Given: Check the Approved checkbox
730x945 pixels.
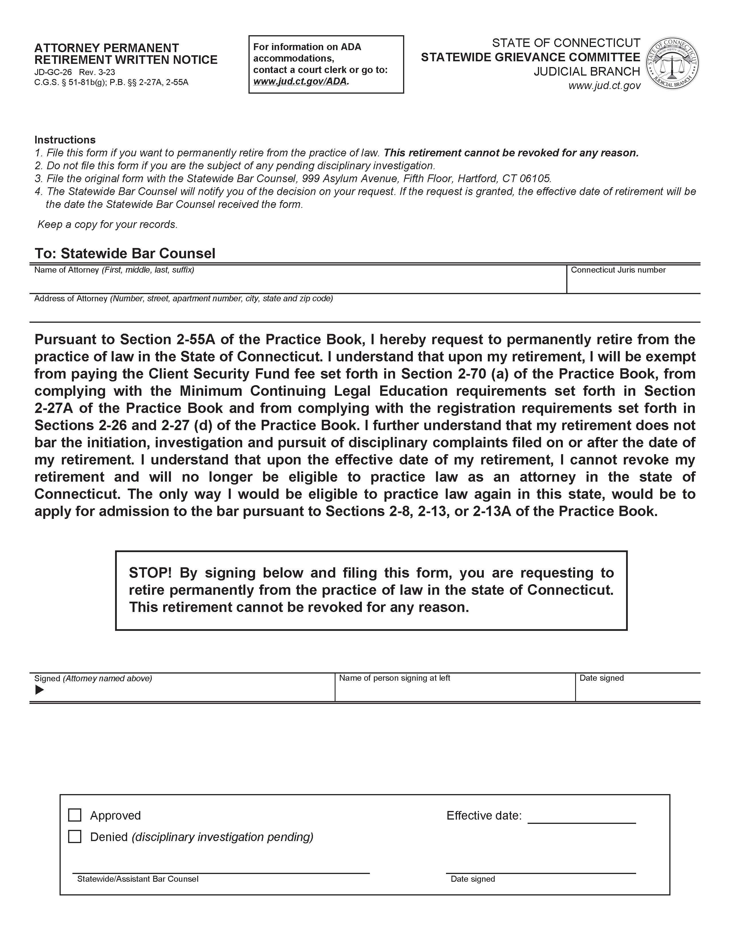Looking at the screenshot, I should click(x=75, y=815).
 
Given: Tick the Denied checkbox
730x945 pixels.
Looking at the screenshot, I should click(x=75, y=836).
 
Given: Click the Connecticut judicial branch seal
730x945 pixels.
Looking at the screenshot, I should click(x=672, y=64).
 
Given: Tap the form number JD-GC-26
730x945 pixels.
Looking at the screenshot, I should click(x=53, y=72).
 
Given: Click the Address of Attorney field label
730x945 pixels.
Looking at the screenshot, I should click(x=71, y=299).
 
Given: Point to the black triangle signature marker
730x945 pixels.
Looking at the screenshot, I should click(x=39, y=690).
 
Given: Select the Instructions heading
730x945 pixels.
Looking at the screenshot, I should click(x=65, y=140).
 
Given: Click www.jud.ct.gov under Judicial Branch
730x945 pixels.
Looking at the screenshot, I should click(x=604, y=86).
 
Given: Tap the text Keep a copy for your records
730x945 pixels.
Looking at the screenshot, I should click(x=107, y=224).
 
